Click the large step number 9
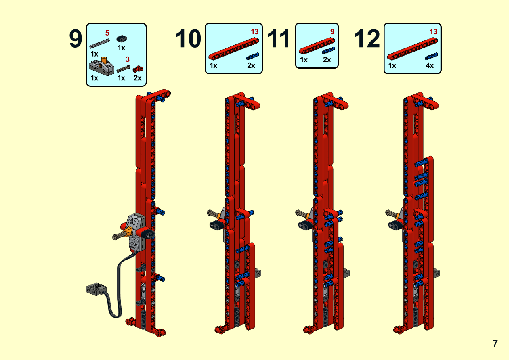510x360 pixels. pos(76,39)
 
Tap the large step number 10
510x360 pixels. pos(188,39)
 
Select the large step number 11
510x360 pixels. pos(279,39)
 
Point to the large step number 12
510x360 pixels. pos(367,39)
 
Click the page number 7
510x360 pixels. pos(495,343)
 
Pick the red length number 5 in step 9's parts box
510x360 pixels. pos(107,33)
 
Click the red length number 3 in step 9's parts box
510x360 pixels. pos(128,59)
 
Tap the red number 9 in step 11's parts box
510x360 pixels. pos(332,32)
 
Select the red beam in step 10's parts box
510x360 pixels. pos(234,49)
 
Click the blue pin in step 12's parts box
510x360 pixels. pos(431,56)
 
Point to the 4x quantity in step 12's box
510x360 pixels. pos(430,65)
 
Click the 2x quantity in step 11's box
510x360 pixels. pos(327,60)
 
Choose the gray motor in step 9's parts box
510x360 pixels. pos(101,66)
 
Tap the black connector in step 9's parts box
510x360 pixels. pos(122,39)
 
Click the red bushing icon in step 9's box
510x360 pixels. pos(138,69)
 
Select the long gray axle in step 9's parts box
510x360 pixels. pos(99,44)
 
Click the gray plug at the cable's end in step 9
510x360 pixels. pos(96,289)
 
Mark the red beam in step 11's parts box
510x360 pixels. pos(317,46)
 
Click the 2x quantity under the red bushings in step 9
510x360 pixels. pos(137,78)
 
